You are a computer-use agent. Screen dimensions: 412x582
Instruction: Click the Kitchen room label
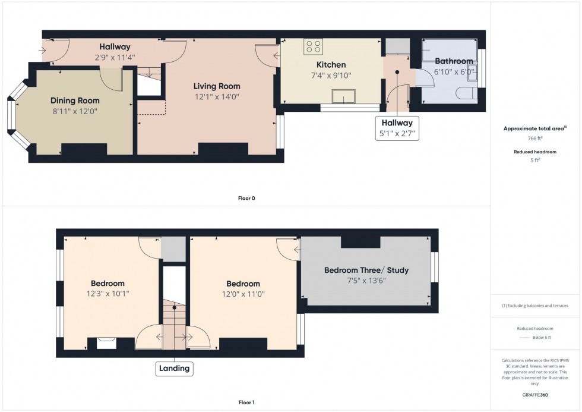tap(331, 65)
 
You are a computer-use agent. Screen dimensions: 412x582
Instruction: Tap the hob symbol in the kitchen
tap(313, 46)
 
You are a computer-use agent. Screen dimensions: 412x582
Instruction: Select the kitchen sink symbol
tap(344, 97)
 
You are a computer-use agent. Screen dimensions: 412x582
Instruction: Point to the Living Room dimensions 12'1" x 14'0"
tap(216, 96)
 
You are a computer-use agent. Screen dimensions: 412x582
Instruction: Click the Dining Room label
tap(75, 100)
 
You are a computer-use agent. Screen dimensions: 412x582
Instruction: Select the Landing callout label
tap(175, 369)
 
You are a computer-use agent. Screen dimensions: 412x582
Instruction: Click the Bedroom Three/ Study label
tap(366, 271)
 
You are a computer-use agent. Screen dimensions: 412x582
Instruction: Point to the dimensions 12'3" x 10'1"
tap(107, 293)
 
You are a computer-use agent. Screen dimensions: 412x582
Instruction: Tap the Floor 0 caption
tap(246, 198)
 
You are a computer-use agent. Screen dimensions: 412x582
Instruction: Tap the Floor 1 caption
tap(246, 402)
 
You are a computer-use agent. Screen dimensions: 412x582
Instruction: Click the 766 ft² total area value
tap(535, 138)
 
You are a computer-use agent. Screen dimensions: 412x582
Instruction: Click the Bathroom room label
tap(454, 61)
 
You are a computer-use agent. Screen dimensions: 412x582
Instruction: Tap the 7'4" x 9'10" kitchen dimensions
tap(331, 75)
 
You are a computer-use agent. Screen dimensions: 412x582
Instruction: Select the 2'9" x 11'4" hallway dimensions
tap(115, 58)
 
